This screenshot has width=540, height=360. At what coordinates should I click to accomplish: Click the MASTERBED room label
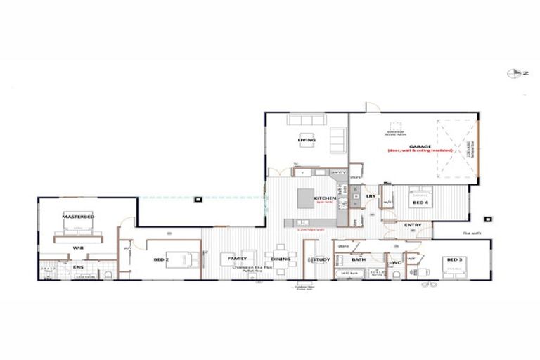click(77, 217)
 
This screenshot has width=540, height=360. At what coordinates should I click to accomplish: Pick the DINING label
click(281, 259)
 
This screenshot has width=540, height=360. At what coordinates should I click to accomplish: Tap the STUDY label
click(321, 259)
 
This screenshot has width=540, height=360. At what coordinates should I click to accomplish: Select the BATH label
click(358, 259)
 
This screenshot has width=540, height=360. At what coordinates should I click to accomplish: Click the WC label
click(395, 262)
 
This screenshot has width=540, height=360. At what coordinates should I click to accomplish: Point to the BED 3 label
click(454, 259)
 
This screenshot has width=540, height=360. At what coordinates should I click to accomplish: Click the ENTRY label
click(413, 225)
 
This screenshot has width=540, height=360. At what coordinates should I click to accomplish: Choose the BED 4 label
click(420, 202)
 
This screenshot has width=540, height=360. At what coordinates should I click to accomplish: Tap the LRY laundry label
click(371, 196)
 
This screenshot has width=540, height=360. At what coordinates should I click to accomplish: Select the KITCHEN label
click(325, 198)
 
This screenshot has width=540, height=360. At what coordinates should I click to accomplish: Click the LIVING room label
click(307, 139)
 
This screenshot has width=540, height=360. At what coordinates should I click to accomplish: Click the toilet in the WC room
click(395, 274)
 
